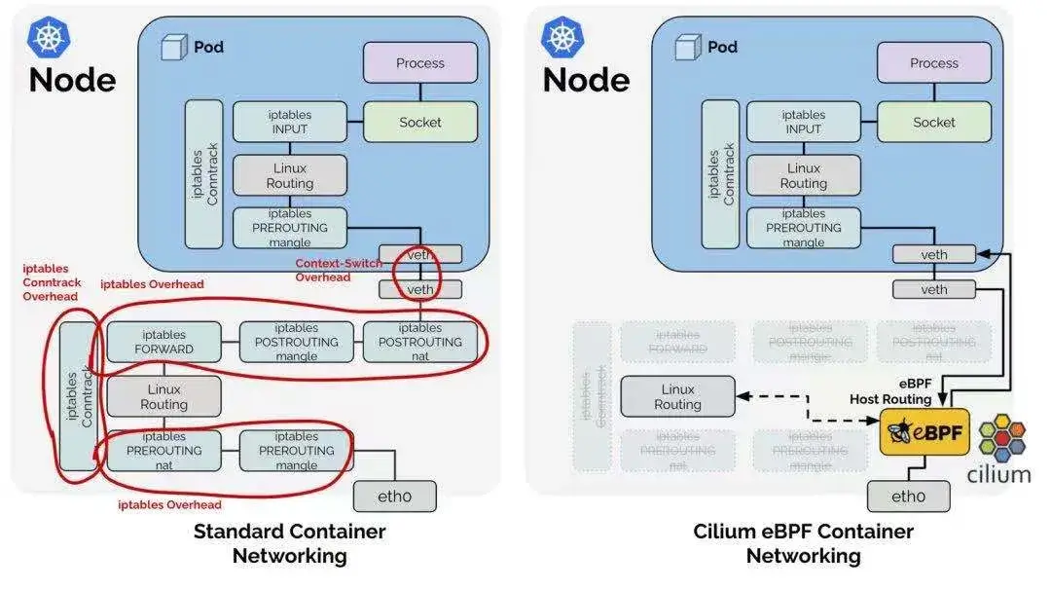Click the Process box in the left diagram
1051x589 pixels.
point(420,63)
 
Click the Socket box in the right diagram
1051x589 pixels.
point(934,123)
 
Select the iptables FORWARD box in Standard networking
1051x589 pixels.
point(164,342)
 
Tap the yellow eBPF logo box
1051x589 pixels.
point(924,432)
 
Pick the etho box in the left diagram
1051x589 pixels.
point(394,497)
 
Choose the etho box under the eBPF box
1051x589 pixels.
point(909,497)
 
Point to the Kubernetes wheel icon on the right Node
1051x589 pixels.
point(562,37)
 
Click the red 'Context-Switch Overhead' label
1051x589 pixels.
point(339,270)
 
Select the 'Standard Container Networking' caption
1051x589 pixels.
point(289,543)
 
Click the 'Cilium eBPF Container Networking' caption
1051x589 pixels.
point(803,543)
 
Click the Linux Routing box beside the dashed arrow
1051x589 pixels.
point(677,396)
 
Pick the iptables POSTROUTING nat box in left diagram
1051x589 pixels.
point(420,342)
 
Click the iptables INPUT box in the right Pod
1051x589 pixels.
point(804,123)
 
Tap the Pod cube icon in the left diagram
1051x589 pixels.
point(173,47)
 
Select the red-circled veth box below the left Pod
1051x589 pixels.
point(420,289)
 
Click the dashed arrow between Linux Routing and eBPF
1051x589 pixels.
point(808,409)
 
